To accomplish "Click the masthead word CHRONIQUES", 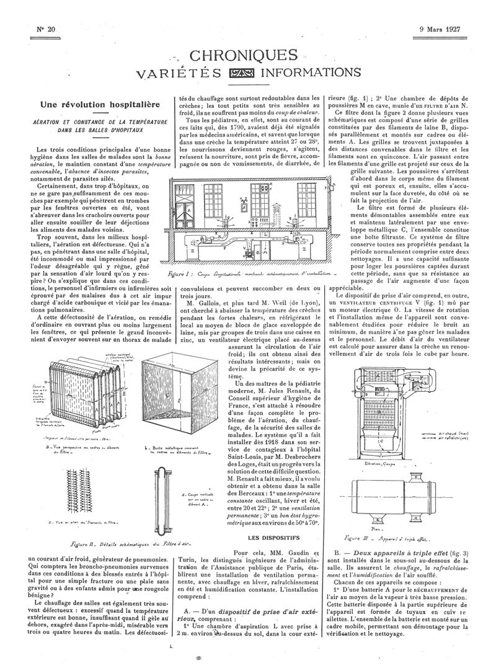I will coord(247,56).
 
